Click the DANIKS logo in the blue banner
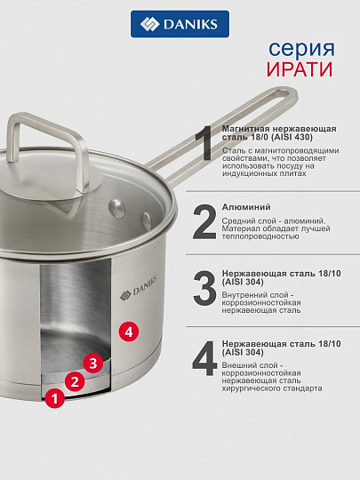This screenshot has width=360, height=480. pos(180,24)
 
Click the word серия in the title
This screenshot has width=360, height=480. pos(304,48)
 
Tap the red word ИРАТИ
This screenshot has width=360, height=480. pos(303,70)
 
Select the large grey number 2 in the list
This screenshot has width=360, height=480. pos(204,222)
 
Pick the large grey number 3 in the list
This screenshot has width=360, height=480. pos(204,288)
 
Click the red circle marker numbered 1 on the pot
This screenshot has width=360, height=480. pos(55,399)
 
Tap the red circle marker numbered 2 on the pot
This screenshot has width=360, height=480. pos(76,382)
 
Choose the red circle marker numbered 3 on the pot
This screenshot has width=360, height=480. pos(92,363)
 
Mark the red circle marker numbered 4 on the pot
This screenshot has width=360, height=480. pos(129,331)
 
